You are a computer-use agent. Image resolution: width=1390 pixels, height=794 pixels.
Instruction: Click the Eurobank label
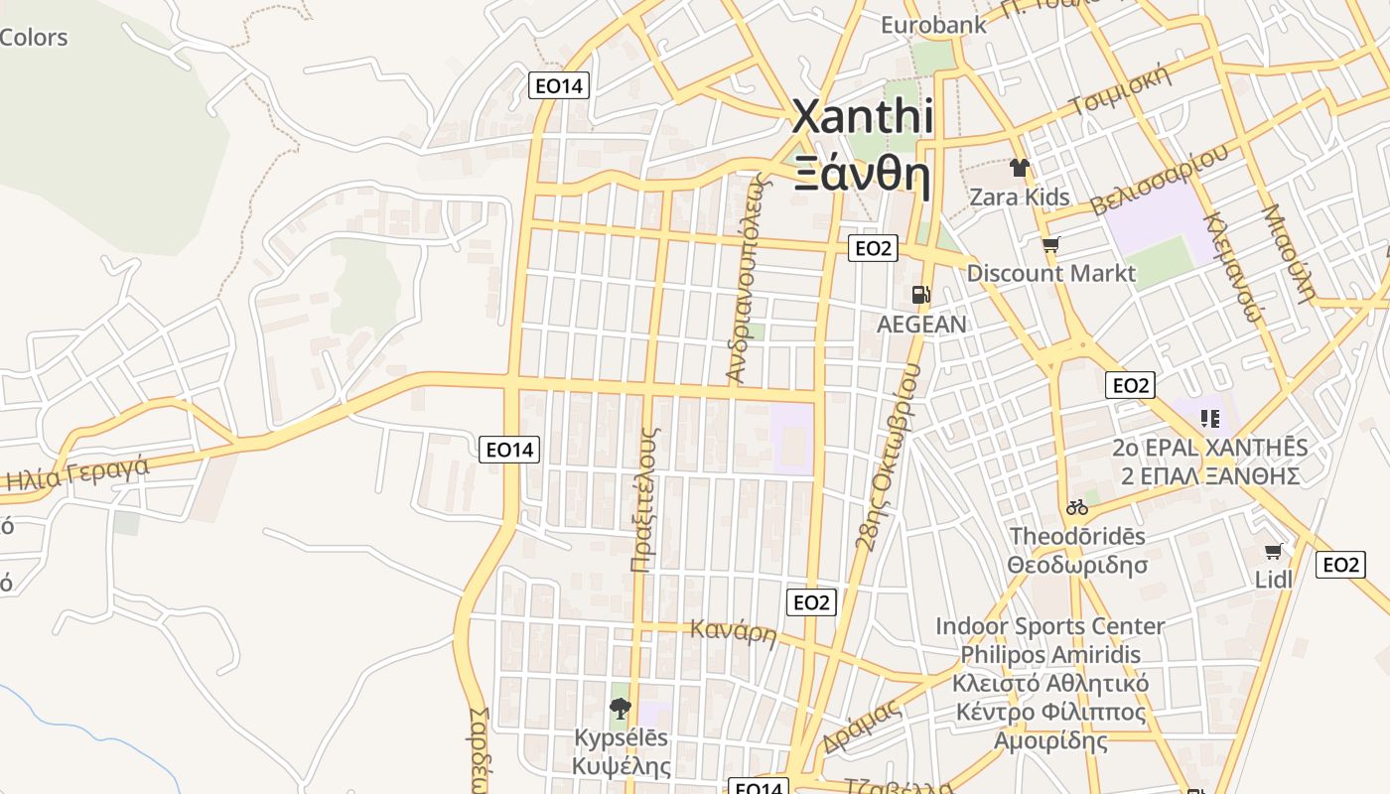point(933,24)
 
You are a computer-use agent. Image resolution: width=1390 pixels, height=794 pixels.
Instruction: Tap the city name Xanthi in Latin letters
point(862,117)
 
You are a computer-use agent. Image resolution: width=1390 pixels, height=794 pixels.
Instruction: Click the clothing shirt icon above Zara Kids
point(1019,168)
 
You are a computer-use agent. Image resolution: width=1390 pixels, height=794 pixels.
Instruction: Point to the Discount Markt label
point(1050,273)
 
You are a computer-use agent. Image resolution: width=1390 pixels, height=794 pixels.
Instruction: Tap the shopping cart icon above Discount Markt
point(1050,244)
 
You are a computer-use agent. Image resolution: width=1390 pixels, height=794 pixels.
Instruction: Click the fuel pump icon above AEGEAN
point(921,295)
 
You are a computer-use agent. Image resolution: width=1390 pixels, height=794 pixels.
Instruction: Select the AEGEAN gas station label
point(921,325)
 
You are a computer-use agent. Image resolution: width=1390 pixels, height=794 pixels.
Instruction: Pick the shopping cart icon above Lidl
point(1274,551)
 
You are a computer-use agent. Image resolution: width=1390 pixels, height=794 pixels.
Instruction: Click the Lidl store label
point(1274,579)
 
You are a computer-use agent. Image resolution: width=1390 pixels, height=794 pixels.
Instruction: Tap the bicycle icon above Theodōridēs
point(1077,507)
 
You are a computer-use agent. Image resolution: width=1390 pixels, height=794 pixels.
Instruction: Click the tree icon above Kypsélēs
point(621,708)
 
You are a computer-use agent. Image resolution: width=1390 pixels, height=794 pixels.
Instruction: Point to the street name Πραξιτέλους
point(643,499)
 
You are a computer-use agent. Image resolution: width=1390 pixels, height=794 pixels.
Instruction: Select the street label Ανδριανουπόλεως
point(748,278)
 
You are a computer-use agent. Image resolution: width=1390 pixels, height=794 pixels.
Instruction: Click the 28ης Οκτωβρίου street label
point(887,456)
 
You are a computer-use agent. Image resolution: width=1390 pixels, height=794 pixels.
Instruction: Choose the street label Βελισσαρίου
point(1159,180)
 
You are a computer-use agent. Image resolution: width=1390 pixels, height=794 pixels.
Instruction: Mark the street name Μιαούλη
point(1288,253)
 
